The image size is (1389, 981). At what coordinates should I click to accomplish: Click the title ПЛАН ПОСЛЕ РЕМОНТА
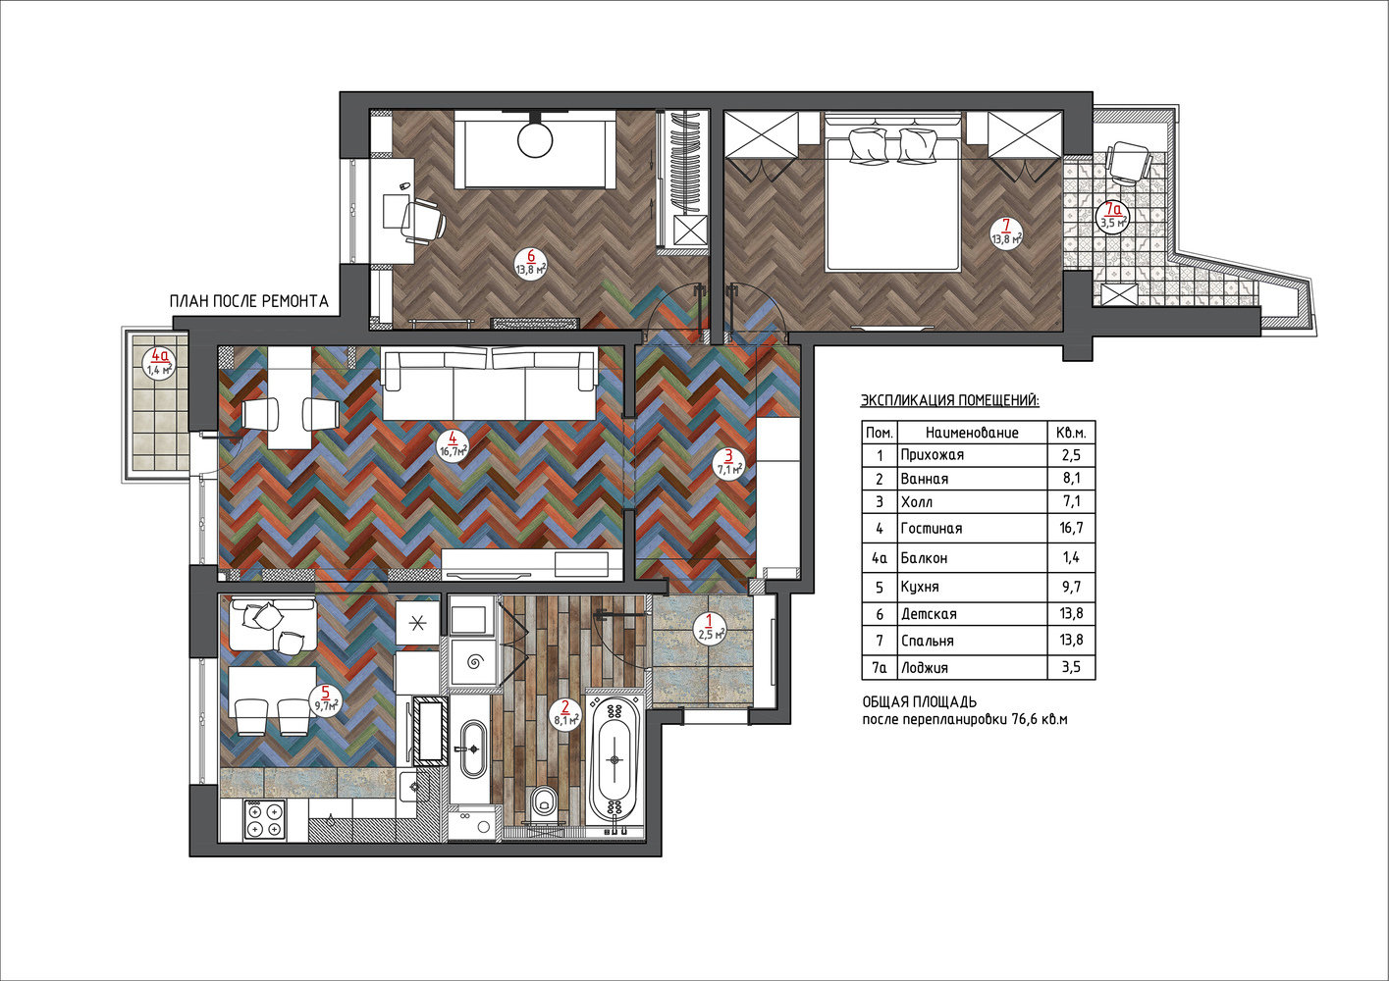248,302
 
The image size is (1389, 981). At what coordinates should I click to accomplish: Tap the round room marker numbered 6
531,263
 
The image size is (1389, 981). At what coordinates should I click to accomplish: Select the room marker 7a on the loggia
1114,216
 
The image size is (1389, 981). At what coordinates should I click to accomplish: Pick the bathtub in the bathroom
614,761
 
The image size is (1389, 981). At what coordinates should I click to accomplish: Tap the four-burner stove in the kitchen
264,819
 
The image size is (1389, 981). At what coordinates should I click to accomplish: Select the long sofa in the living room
489,386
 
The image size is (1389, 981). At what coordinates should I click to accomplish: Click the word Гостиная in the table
932,529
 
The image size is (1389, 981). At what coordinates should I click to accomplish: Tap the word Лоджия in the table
925,668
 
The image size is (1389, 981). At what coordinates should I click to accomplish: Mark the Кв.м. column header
1071,433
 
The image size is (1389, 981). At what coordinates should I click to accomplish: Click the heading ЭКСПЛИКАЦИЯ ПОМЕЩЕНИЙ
949,401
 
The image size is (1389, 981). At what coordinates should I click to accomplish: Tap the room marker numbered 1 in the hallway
711,628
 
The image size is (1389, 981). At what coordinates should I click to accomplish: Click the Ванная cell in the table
925,479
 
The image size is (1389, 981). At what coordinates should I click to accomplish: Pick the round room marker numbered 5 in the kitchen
326,699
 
